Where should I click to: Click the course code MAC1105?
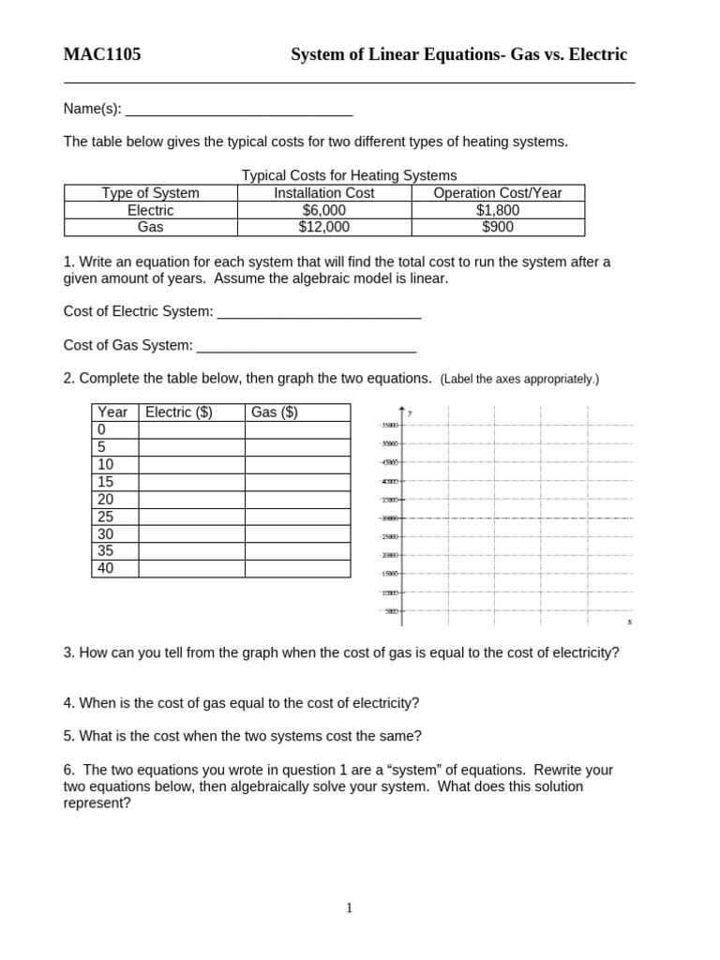(102, 54)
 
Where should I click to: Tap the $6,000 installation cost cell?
(324, 210)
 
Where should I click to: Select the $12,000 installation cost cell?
(324, 227)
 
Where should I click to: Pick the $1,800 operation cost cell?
(498, 210)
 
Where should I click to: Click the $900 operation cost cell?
(498, 227)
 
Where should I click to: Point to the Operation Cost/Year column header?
(498, 193)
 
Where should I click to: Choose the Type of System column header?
(150, 193)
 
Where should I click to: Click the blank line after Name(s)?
(239, 109)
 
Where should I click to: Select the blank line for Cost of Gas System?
(307, 345)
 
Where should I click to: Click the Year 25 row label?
(105, 517)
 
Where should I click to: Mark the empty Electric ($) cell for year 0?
(191, 430)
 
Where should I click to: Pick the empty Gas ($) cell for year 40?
(297, 568)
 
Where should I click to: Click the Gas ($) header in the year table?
(274, 412)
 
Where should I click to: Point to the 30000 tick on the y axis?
(389, 517)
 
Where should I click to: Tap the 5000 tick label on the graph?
(391, 611)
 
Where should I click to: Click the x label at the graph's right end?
(629, 622)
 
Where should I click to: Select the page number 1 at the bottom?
(350, 907)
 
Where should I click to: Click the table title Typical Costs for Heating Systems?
(349, 175)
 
